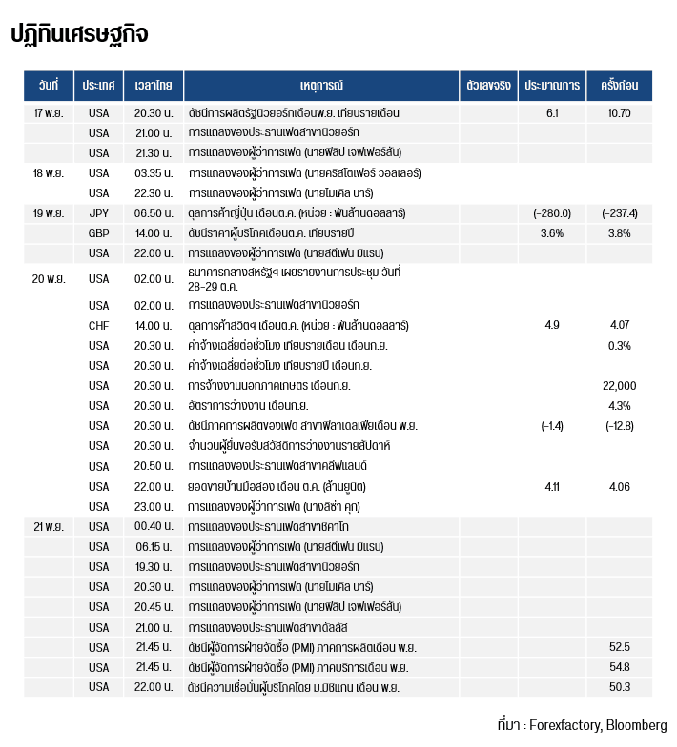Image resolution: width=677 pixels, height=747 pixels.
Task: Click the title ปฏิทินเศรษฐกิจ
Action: [x=79, y=35]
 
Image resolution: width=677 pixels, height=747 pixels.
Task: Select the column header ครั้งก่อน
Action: [x=620, y=86]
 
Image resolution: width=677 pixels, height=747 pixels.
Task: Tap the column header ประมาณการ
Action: [x=552, y=86]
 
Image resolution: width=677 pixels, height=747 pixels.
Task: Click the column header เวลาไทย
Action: [x=154, y=86]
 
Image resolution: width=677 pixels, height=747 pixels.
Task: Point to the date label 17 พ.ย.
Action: [x=49, y=112]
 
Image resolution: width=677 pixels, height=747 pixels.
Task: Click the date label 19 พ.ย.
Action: [x=49, y=212]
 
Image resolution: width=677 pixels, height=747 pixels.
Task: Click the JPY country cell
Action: [x=99, y=212]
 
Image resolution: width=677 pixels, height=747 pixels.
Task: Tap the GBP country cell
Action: [x=99, y=233]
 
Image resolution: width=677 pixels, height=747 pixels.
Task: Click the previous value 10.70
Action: [x=620, y=112]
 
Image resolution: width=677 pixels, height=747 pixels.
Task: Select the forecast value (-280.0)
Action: [x=552, y=212]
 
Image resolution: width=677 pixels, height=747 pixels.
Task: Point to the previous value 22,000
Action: [x=620, y=386]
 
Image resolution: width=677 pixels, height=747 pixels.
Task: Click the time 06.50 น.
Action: [x=154, y=212]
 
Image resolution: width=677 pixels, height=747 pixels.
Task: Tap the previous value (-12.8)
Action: [x=620, y=426]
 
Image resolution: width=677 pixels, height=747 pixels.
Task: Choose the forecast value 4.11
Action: [x=552, y=487]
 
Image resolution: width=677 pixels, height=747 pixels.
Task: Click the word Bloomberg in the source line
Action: [x=636, y=725]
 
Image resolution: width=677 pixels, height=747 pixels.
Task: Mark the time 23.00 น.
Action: [x=154, y=507]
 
